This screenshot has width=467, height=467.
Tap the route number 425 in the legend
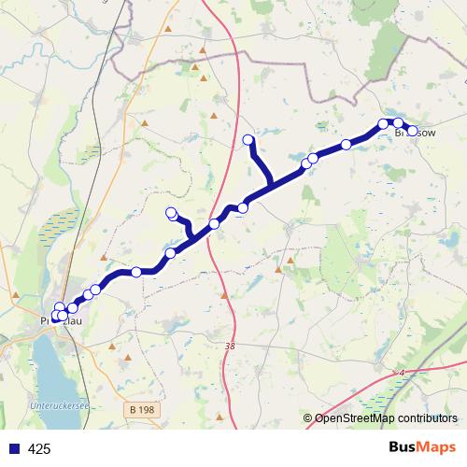[40, 449]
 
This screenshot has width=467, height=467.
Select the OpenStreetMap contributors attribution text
[384, 418]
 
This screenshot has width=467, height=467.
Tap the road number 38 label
[230, 346]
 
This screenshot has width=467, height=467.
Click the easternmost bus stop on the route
[412, 130]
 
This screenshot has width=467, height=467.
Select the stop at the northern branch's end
[248, 140]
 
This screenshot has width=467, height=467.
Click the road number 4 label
[402, 374]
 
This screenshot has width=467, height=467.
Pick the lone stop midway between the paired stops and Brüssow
[347, 144]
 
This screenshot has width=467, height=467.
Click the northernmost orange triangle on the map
[168, 29]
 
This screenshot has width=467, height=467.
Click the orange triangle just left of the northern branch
[213, 117]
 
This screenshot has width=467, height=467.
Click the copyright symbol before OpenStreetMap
[308, 418]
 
